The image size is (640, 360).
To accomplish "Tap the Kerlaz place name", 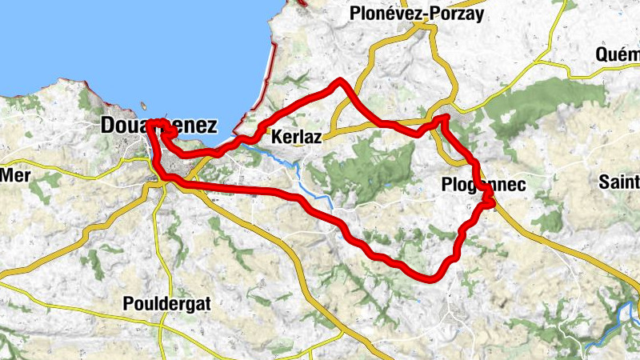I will point(297,138).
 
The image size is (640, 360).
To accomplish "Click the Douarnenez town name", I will point(159,126).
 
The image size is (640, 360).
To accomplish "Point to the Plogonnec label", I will point(483,185).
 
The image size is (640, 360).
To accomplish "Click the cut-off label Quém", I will point(618,54).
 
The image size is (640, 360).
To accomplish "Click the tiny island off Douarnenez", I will point(142,105).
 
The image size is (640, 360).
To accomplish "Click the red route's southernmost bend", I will point(432,278).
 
